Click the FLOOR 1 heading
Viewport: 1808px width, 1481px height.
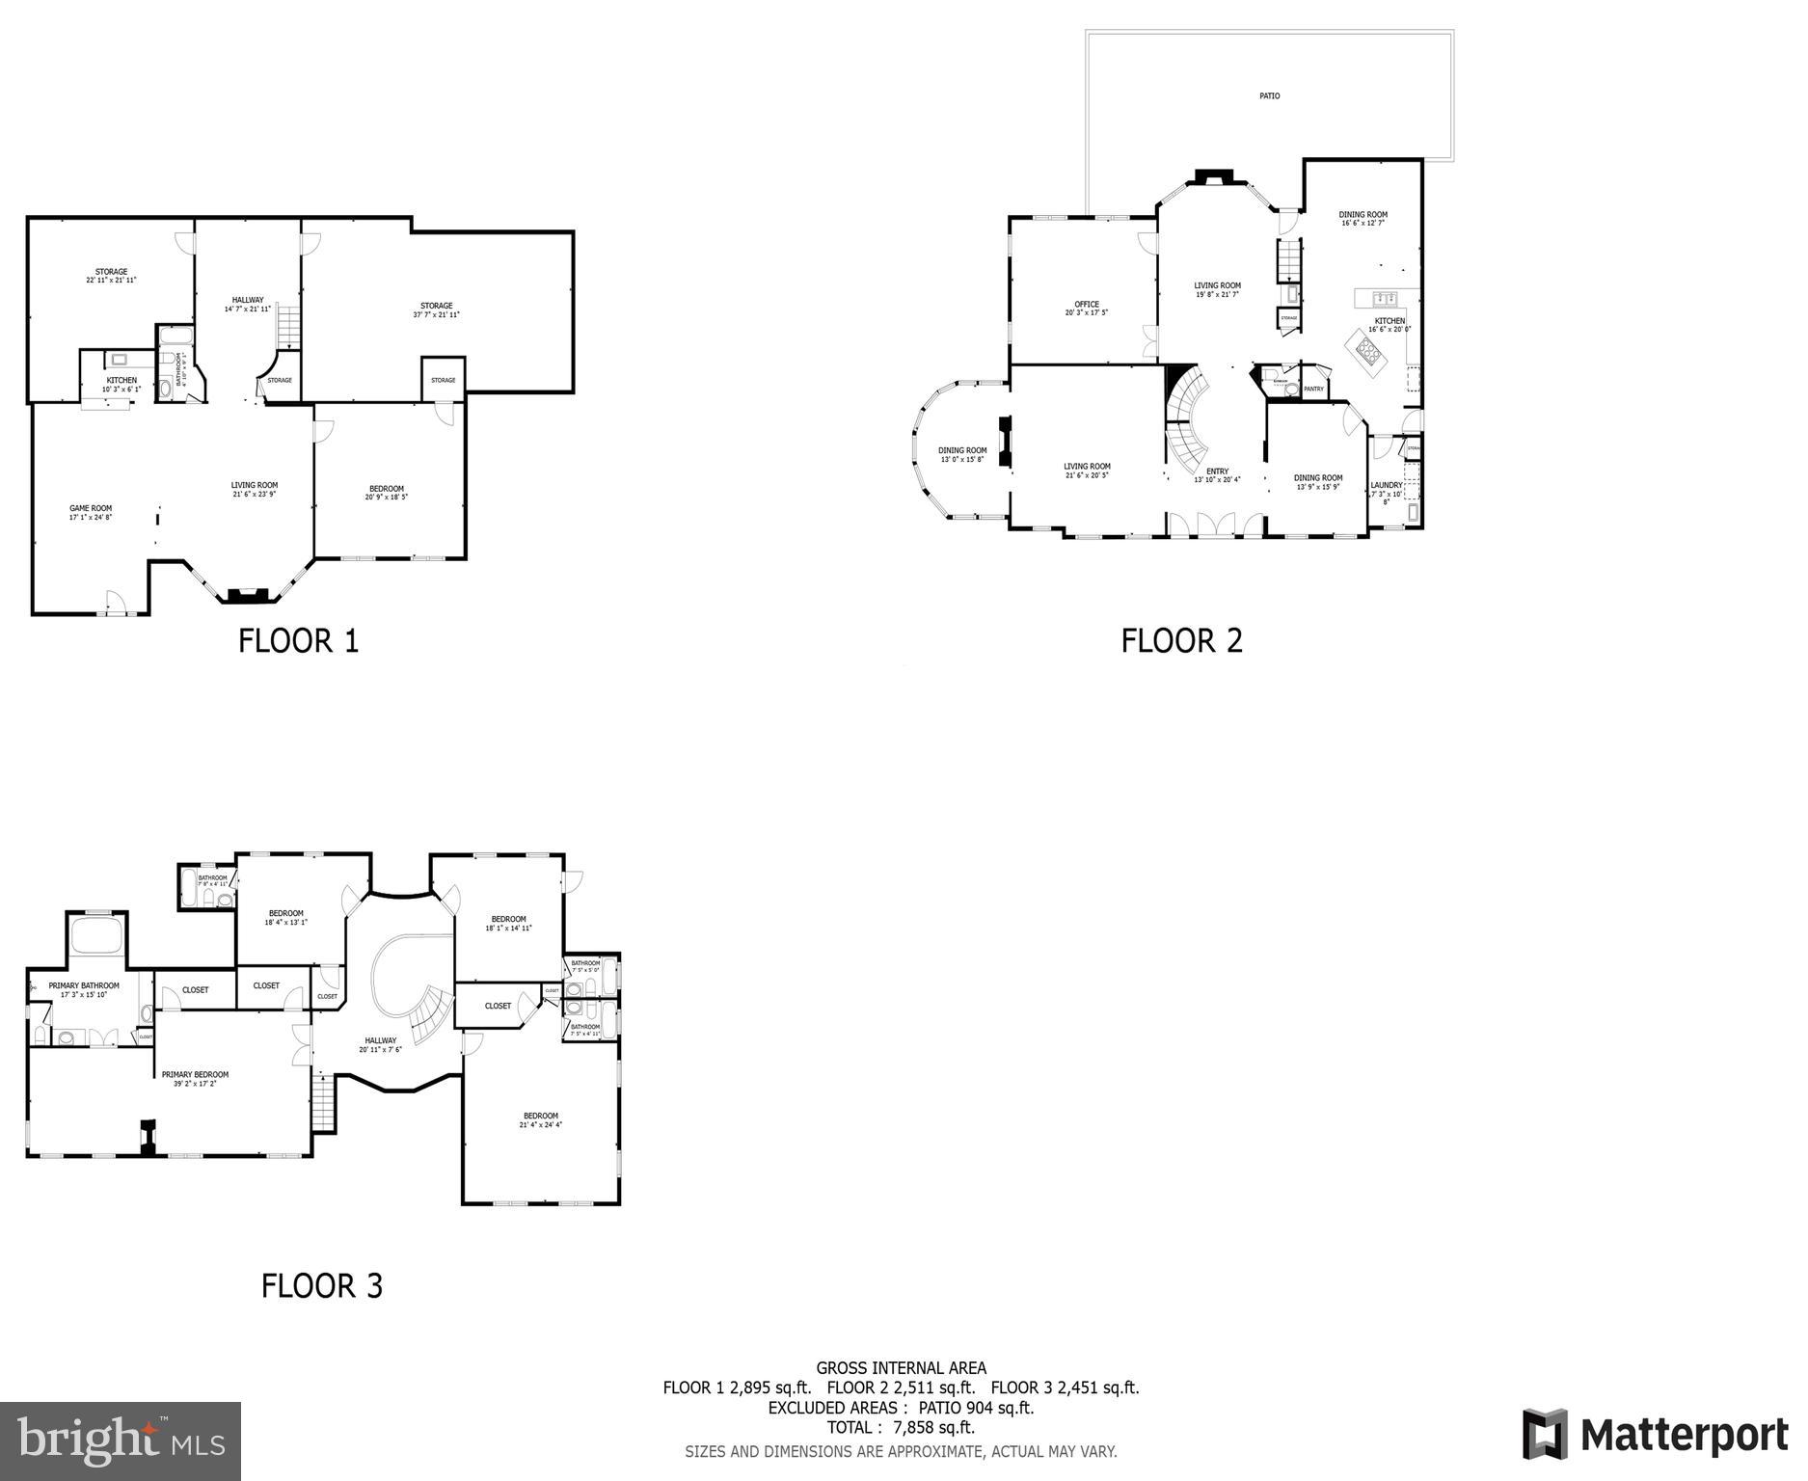(x=298, y=641)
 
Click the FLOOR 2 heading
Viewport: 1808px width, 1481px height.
(x=1181, y=641)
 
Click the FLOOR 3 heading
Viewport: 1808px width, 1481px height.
(x=322, y=1286)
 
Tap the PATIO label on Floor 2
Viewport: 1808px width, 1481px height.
(x=1269, y=96)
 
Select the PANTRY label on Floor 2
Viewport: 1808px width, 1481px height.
(x=1313, y=389)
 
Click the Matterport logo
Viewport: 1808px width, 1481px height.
(x=1655, y=1434)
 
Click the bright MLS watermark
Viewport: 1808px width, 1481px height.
(x=121, y=1441)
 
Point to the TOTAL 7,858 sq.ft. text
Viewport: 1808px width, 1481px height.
(x=900, y=1427)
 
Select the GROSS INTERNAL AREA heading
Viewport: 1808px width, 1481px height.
(x=901, y=1367)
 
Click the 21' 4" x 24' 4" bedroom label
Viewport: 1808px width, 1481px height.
(x=540, y=1119)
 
